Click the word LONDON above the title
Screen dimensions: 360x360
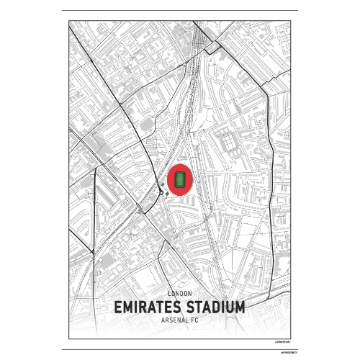coord(179,294)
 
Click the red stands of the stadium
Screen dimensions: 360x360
coord(170,179)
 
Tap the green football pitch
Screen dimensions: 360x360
coord(179,179)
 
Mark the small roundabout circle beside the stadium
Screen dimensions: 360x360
coord(161,192)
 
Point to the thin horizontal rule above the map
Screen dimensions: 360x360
coord(179,11)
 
